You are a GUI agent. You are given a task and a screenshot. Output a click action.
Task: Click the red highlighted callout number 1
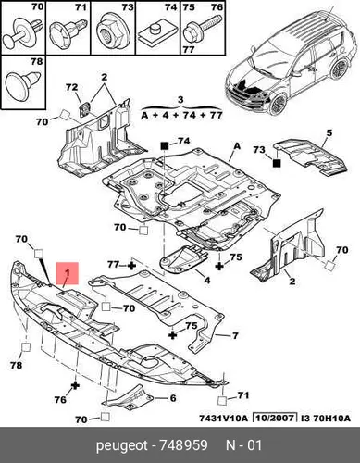(68, 273)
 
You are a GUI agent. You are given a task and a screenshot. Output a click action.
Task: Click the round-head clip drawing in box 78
(23, 85)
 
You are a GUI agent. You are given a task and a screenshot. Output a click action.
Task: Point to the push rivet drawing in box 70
(22, 33)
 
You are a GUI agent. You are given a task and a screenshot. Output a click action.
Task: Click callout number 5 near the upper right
(329, 133)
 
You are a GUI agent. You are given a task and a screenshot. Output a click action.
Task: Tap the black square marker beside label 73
(277, 163)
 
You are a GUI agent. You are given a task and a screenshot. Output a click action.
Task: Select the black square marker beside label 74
(164, 145)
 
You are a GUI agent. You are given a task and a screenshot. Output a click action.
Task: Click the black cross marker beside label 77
(132, 265)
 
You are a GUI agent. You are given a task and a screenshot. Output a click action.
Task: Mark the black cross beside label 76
(75, 385)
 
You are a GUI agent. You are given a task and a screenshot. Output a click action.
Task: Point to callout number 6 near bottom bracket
(173, 398)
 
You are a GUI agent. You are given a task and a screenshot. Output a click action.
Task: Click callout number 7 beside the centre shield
(235, 335)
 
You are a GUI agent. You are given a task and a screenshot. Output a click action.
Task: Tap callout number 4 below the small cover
(207, 280)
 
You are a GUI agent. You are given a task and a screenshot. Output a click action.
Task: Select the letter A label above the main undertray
(237, 145)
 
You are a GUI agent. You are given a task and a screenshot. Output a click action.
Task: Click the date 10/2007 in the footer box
(275, 419)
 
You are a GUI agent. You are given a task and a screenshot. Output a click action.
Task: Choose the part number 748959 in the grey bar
(183, 445)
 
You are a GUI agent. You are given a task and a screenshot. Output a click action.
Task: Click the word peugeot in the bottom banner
(122, 446)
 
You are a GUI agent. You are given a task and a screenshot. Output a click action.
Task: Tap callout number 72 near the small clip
(71, 87)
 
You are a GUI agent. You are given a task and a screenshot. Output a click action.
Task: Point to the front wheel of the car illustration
(278, 105)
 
